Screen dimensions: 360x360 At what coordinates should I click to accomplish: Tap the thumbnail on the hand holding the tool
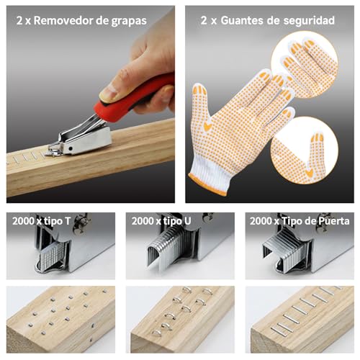coord(109,93)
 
